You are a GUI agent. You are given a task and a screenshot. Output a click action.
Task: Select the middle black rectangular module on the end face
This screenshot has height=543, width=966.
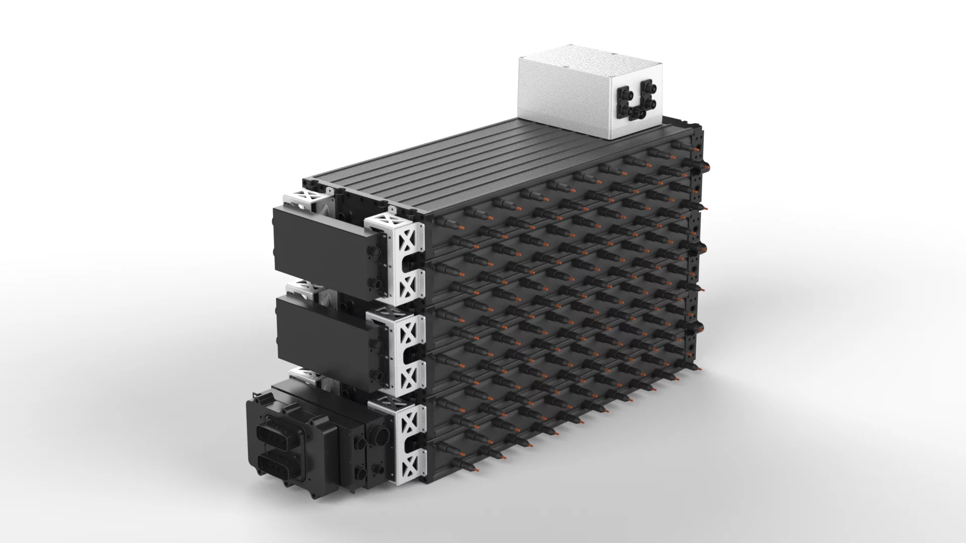(322, 337)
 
